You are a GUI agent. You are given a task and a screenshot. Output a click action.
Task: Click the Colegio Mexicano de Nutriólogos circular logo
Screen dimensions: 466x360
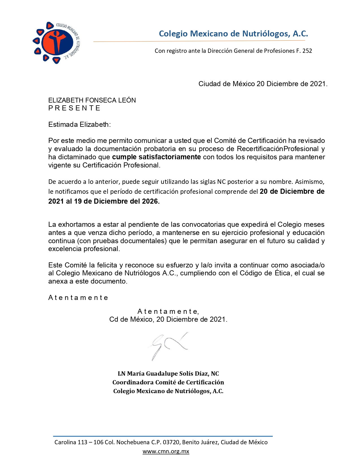[56, 42]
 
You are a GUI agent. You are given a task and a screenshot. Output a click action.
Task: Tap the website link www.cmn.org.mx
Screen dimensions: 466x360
[166, 451]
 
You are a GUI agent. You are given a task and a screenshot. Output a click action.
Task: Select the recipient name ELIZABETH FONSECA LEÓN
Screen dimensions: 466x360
[92, 100]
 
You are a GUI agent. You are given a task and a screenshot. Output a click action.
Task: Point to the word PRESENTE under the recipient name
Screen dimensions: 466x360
[74, 108]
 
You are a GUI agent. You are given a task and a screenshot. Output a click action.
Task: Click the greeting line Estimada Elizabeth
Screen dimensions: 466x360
[79, 125]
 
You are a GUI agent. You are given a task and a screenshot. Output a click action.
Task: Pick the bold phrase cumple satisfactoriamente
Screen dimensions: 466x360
[156, 157]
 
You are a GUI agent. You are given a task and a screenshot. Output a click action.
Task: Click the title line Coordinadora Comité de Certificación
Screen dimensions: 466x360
[168, 382]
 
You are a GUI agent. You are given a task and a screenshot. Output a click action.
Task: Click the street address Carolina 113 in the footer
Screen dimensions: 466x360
[71, 442]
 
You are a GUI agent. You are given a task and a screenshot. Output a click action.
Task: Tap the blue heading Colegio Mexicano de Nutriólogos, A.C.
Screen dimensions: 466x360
[233, 34]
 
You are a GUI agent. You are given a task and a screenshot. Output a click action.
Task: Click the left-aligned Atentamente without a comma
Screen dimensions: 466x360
[78, 298]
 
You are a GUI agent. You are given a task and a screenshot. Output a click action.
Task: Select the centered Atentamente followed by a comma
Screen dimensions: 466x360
[168, 312]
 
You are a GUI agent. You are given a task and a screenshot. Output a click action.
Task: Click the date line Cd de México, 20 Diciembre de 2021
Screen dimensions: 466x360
[168, 319]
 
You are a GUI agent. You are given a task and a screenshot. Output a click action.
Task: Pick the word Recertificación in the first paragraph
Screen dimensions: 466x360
[259, 149]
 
